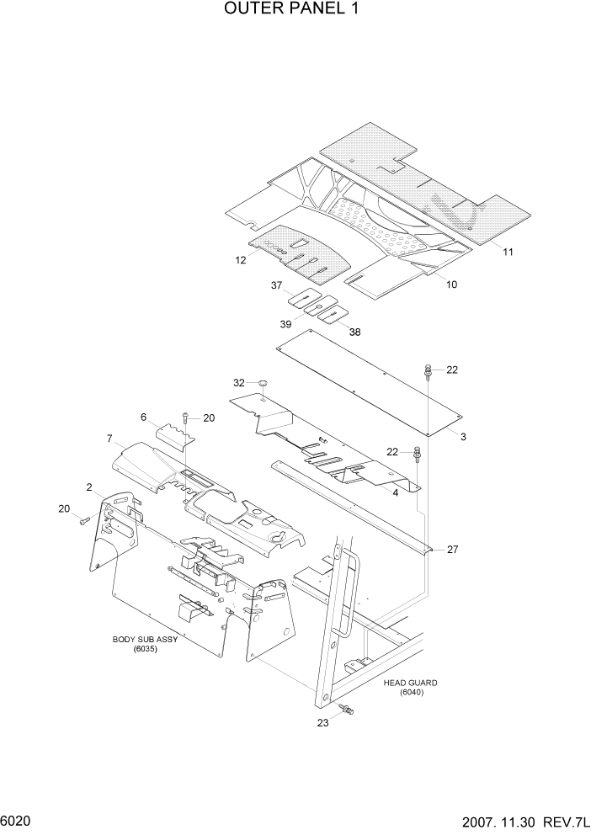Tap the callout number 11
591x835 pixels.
click(x=508, y=251)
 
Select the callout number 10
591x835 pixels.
click(x=451, y=285)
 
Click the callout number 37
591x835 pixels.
click(x=275, y=286)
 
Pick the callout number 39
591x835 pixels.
click(x=285, y=325)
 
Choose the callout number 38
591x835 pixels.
click(x=354, y=332)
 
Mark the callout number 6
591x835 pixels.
click(x=143, y=417)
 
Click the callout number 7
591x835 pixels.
click(x=109, y=439)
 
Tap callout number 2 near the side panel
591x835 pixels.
click(x=88, y=487)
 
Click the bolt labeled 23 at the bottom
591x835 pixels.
click(x=345, y=712)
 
